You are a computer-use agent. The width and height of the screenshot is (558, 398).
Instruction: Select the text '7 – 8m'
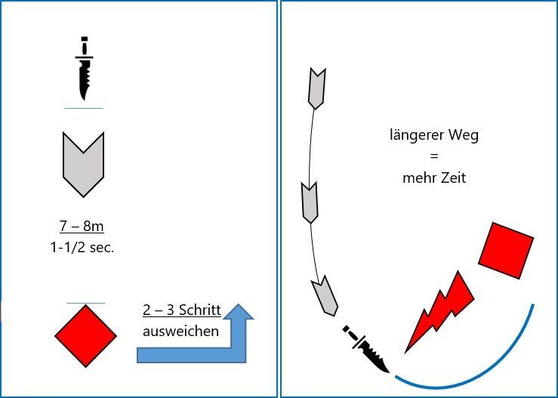point(82,226)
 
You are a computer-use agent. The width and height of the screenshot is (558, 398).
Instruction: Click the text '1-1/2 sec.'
point(82,247)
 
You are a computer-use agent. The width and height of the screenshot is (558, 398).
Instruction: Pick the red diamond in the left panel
point(85,335)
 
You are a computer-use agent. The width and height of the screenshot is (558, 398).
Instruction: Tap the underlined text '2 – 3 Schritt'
point(181,310)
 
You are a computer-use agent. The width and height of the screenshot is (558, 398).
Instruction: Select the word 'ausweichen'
point(181,331)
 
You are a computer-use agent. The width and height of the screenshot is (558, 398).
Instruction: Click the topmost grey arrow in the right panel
point(316,88)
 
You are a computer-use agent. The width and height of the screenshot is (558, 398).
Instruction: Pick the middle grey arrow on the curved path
point(310,202)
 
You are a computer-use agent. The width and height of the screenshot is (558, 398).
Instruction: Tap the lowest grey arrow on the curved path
point(325,295)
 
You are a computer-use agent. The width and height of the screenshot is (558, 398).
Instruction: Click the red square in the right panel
point(506,249)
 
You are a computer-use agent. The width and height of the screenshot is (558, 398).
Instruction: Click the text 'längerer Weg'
point(434,137)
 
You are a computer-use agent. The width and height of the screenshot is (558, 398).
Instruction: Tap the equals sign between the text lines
point(434,158)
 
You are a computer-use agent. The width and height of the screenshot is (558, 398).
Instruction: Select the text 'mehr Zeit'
point(434,179)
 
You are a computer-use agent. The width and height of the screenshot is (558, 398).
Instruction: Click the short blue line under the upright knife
point(83,109)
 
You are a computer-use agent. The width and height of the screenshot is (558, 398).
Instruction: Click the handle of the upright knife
point(83,45)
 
